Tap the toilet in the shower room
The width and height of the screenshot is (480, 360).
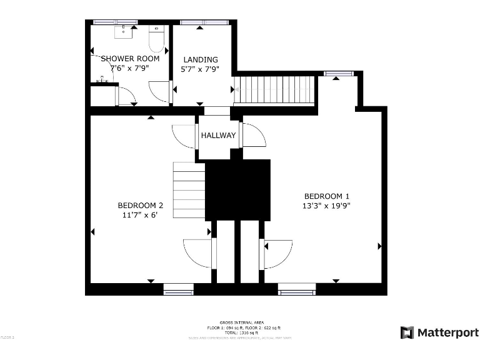click(x=156, y=40)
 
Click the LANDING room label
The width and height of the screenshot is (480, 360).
click(x=201, y=59)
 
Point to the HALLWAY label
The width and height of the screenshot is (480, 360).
click(x=218, y=136)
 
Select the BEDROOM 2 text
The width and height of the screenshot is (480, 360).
click(x=141, y=205)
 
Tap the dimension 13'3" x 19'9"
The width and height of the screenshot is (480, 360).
click(x=326, y=204)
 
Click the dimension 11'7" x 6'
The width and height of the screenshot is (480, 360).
click(x=141, y=215)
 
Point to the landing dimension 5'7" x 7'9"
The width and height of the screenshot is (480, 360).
click(x=201, y=69)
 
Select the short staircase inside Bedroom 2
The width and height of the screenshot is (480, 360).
click(x=189, y=190)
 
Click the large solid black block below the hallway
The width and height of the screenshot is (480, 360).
click(x=237, y=189)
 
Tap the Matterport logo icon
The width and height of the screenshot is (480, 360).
click(x=407, y=332)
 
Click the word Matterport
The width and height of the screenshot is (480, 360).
click(x=448, y=332)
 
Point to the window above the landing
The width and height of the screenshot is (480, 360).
click(x=201, y=22)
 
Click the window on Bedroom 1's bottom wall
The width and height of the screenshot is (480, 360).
click(x=297, y=289)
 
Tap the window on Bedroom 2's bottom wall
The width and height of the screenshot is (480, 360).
click(x=179, y=289)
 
